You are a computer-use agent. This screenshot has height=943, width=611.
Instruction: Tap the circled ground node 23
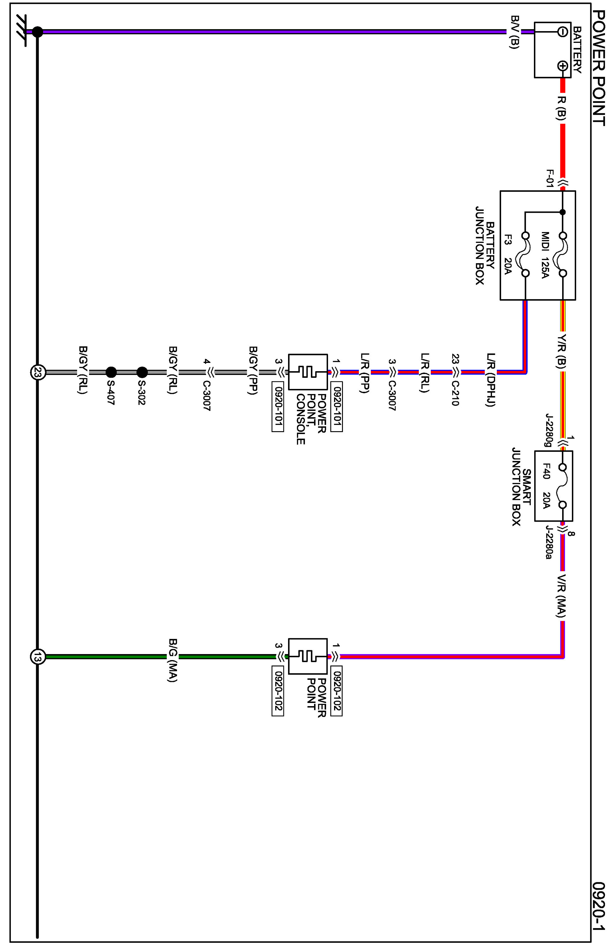38,372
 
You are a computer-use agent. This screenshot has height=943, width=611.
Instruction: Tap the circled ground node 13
38,657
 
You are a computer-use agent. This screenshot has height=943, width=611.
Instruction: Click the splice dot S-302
142,372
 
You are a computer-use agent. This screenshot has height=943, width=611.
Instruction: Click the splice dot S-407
111,372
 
